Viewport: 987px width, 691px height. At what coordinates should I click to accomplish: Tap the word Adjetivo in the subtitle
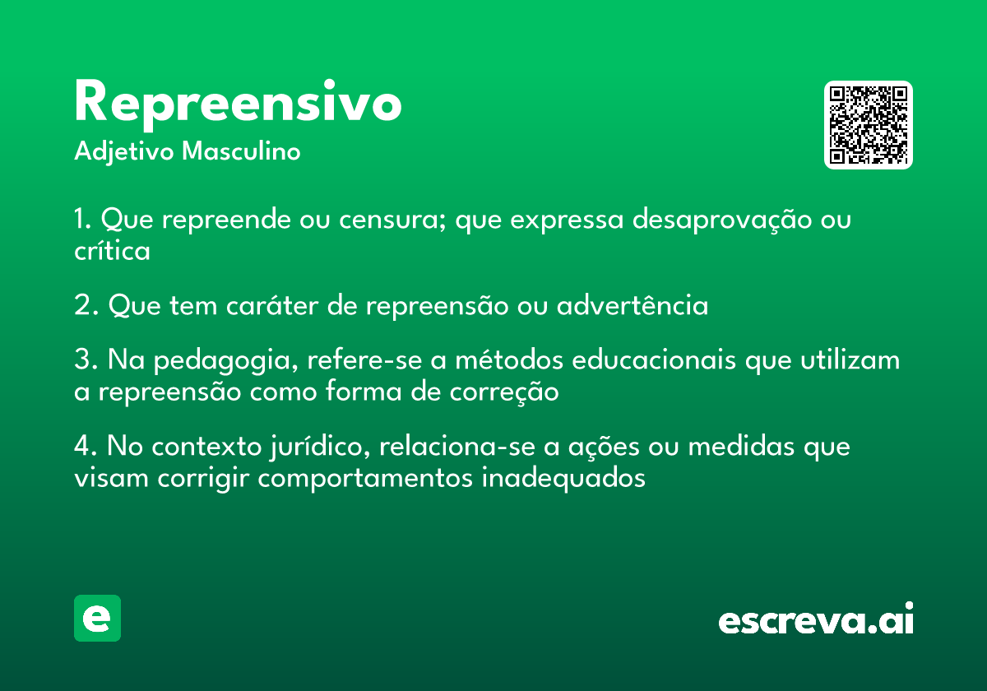point(124,152)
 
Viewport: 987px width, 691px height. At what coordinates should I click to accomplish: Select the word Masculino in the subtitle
point(241,151)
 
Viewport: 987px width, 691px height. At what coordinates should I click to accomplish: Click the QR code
point(868,125)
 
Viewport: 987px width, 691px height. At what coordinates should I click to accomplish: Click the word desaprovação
point(722,220)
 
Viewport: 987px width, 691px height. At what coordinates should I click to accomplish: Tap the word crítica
point(112,250)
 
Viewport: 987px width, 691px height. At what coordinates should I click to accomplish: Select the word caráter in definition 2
point(272,305)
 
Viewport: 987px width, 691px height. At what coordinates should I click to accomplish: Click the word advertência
point(633,304)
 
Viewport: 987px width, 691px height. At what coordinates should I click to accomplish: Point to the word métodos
point(509,359)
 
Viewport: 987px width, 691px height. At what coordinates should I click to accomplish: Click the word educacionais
point(654,359)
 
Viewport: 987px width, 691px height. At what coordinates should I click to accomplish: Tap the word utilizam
point(850,359)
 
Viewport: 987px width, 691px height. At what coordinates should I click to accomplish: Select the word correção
point(504,392)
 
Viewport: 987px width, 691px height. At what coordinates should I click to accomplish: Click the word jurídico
point(320,447)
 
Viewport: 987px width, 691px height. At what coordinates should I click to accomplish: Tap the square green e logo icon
point(97,618)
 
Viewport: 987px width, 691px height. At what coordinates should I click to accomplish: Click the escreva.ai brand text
point(816,619)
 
